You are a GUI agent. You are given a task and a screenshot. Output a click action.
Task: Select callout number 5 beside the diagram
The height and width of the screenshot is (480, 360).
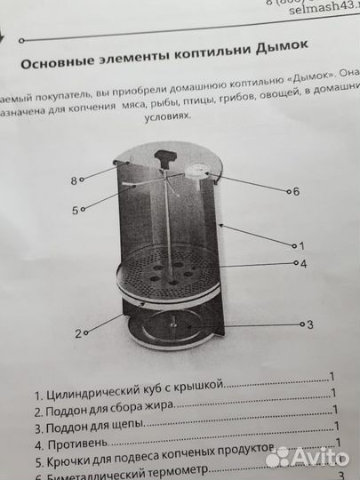tap(76, 210)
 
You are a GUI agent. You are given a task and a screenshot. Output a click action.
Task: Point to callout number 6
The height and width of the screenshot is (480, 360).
tap(295, 191)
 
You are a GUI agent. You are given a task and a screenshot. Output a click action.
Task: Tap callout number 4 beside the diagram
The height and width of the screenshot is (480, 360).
tap(303, 263)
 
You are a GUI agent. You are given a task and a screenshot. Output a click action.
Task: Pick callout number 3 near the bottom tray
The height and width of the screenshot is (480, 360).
tap(310, 325)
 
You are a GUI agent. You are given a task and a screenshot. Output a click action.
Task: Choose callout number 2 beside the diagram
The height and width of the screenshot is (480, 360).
tap(78, 333)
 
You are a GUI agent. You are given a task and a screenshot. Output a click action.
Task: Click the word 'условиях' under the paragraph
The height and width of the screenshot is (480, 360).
tap(170, 127)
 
